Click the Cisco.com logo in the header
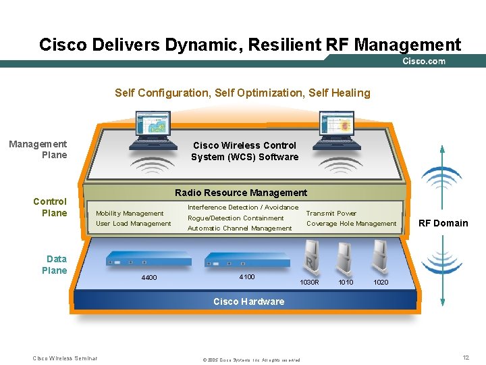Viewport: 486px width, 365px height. (424, 62)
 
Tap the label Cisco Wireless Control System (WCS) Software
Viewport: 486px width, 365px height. (244, 151)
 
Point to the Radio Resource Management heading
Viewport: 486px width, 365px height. (241, 193)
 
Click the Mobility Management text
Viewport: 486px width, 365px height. (130, 213)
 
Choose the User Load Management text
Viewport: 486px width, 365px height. (134, 224)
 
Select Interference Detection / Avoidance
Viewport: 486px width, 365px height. (243, 208)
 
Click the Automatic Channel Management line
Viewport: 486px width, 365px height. (240, 228)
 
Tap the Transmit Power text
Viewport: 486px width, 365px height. (331, 213)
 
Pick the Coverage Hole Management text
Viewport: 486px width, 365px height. (352, 224)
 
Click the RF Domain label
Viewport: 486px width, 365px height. (443, 223)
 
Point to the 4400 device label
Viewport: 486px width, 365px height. (149, 278)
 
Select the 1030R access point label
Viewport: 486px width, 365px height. (309, 282)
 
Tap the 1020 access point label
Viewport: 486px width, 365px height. (381, 282)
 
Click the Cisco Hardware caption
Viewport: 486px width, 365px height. (248, 301)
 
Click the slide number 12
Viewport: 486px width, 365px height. (466, 358)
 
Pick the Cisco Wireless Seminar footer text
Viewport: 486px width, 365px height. (65, 358)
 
